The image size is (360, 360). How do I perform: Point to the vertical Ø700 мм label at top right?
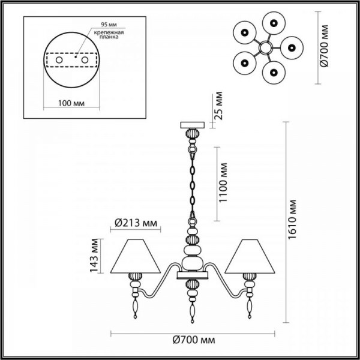(325, 46)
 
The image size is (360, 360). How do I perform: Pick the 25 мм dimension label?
(219, 105)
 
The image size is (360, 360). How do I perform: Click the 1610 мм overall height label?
(293, 220)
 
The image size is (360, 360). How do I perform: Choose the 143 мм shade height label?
(94, 254)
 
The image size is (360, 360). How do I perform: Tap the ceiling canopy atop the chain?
(193, 125)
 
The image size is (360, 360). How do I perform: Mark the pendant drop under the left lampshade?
(135, 306)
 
